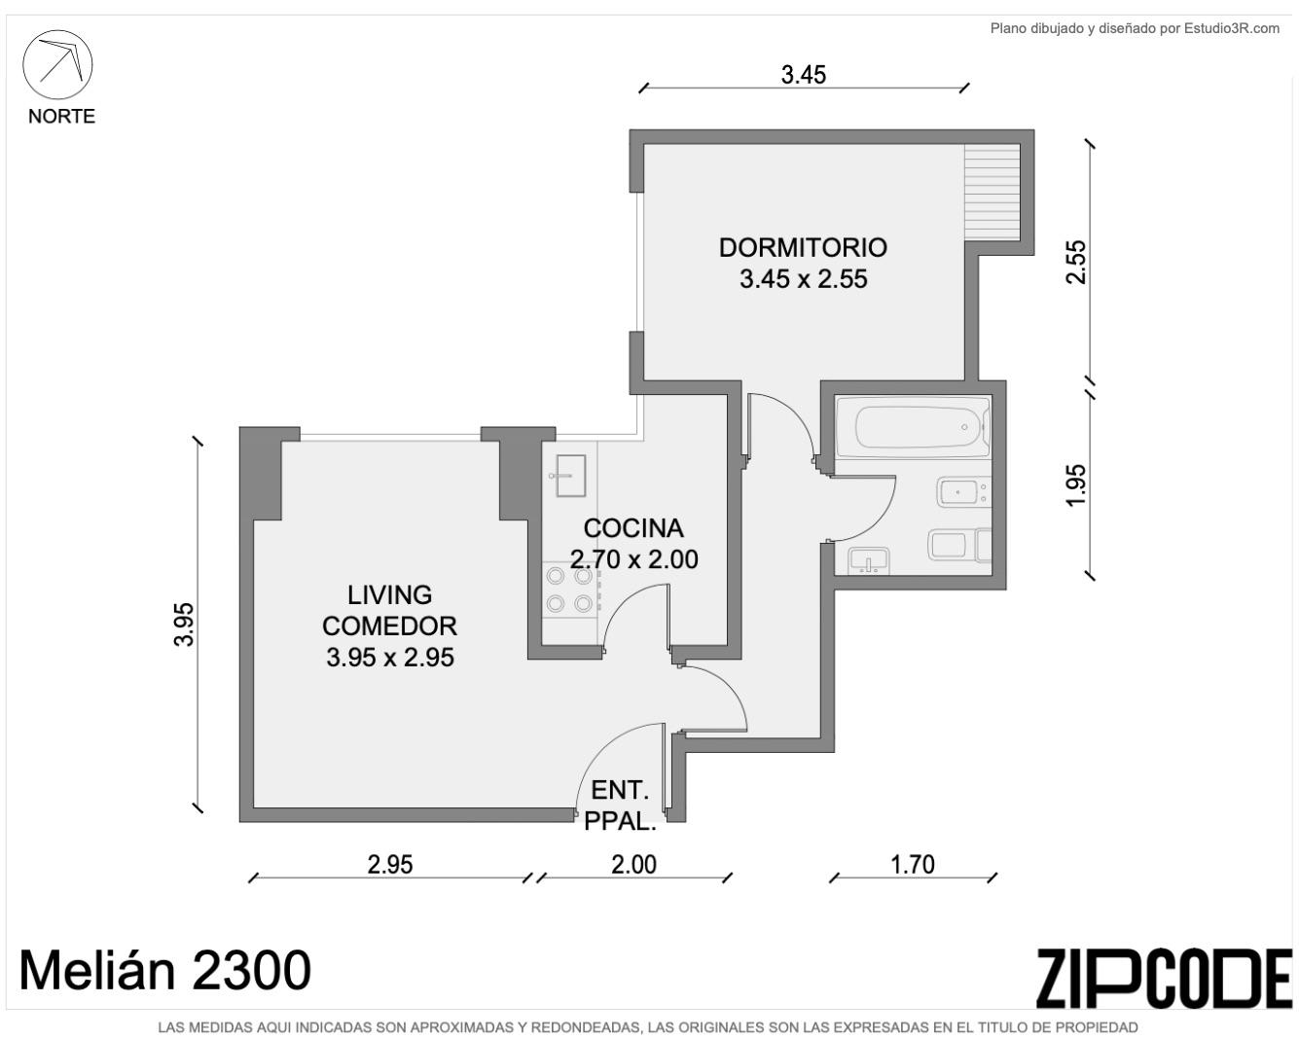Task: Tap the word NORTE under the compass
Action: coord(61,117)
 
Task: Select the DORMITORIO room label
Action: coord(803,247)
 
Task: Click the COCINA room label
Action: coord(633,528)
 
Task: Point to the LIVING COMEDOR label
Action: coord(389,610)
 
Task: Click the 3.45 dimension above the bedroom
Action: coord(804,75)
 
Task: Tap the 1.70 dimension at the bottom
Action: coord(913,865)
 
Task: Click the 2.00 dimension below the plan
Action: coord(633,865)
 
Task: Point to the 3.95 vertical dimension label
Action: coord(184,625)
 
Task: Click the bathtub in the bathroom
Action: coord(914,427)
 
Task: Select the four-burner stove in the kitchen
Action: coord(570,590)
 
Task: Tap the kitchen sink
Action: coord(570,476)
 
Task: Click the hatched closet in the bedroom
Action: coord(992,193)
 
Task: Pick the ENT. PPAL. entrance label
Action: coord(620,806)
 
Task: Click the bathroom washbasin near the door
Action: coord(868,560)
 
